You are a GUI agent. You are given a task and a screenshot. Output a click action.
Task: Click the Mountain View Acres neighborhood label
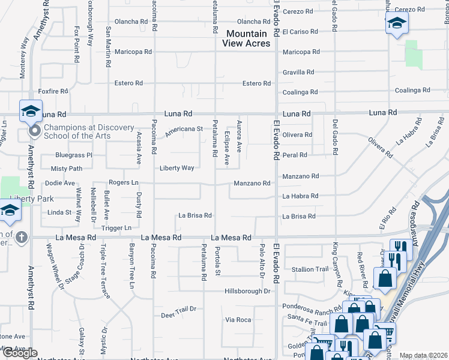(246, 38)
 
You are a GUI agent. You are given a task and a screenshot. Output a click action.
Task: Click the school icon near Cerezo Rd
(397, 24)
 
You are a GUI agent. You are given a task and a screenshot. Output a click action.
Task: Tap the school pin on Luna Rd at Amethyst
(31, 111)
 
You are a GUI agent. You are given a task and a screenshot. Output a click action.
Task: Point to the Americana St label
(184, 128)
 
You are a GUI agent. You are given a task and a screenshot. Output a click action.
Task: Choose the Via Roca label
(238, 320)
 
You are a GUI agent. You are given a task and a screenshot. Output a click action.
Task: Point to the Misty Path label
(66, 169)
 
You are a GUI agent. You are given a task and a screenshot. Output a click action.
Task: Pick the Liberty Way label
(176, 168)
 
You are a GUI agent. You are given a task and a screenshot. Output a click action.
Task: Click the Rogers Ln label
(123, 182)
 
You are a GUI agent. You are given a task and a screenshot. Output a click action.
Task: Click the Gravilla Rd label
(298, 72)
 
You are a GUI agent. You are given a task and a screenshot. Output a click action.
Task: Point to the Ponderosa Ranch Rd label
(311, 306)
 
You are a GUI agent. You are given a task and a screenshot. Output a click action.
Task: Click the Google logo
(19, 353)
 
